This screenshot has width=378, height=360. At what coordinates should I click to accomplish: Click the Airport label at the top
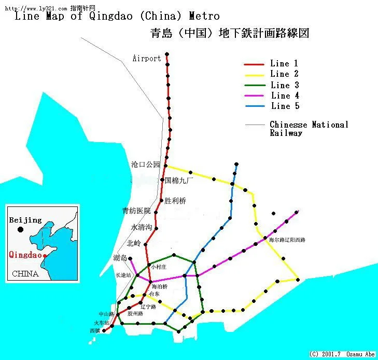[x=147, y=59]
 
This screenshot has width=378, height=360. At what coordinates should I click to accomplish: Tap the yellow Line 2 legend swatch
[x=255, y=75]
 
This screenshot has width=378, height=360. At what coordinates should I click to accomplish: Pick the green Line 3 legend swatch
[x=255, y=86]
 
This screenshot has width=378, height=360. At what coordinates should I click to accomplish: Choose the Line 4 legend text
[x=285, y=95]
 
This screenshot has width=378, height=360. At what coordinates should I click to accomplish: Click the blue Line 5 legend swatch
[x=255, y=107]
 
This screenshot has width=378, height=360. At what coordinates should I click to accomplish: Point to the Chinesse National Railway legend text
[x=309, y=129]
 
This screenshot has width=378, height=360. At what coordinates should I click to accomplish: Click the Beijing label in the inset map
[x=25, y=220]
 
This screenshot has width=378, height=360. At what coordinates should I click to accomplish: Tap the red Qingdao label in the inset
[x=25, y=255]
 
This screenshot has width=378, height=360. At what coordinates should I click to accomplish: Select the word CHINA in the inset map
[x=25, y=273]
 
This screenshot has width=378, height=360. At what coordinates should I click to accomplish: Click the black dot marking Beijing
[x=20, y=229]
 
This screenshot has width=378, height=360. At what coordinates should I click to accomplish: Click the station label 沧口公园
[x=146, y=164]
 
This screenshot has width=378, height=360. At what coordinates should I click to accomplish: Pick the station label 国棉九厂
[x=179, y=181]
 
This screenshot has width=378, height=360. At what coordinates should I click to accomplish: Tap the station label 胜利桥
[x=175, y=201]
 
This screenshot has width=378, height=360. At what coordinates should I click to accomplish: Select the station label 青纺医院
[x=136, y=211]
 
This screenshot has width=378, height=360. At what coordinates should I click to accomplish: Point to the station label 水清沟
[x=142, y=227]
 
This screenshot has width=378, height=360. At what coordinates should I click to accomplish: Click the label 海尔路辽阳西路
[x=287, y=240]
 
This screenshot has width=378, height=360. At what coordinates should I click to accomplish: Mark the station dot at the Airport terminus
[x=167, y=54]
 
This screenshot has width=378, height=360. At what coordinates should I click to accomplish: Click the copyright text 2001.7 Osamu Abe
[x=342, y=354]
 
